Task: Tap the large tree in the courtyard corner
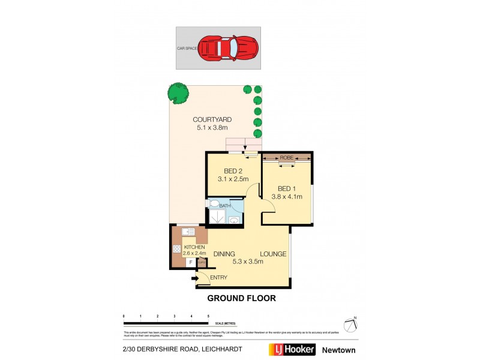(x=176, y=92)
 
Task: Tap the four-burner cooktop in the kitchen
(x=177, y=249)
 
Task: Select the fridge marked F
(x=190, y=263)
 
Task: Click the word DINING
(x=223, y=254)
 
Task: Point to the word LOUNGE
(x=272, y=254)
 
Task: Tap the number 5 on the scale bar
(x=208, y=316)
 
